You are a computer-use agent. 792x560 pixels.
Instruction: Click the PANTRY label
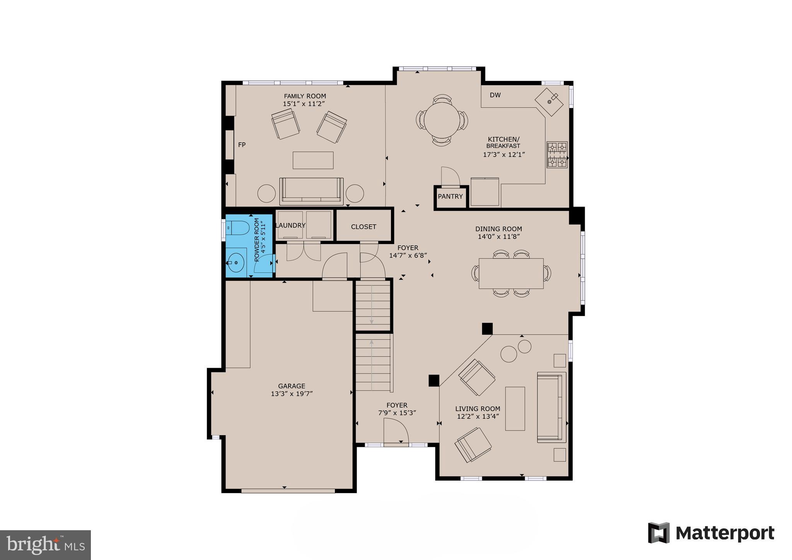click(450, 196)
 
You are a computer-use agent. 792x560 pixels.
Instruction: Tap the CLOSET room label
click(364, 227)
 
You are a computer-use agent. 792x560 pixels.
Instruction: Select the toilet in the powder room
click(237, 228)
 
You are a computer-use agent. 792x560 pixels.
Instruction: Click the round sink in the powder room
click(236, 263)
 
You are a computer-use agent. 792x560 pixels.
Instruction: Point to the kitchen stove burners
click(557, 155)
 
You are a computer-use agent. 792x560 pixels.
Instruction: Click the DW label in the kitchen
click(495, 95)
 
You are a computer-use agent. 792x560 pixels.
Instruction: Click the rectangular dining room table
click(511, 273)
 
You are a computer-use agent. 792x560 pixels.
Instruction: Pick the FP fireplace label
click(242, 145)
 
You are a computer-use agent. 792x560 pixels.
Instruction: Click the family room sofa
click(311, 191)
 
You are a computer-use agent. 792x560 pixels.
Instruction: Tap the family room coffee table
click(313, 160)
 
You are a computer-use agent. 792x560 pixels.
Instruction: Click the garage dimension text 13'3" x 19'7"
click(292, 394)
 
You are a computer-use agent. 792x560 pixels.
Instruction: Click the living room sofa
click(551, 407)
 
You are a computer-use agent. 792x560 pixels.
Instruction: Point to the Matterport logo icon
click(659, 533)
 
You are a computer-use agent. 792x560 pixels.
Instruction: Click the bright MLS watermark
click(46, 545)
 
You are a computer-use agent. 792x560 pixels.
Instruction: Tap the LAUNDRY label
click(290, 225)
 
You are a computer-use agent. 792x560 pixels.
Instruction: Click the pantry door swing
click(450, 177)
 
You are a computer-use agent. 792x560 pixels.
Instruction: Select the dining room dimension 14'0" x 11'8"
click(498, 237)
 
